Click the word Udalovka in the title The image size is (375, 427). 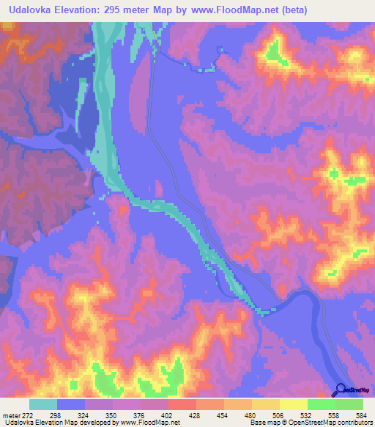(32, 10)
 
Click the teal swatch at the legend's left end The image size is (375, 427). (43, 404)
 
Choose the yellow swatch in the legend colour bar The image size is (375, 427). (293, 404)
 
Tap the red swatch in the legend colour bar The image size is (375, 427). (182, 404)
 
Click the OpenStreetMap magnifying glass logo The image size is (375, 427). (341, 390)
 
